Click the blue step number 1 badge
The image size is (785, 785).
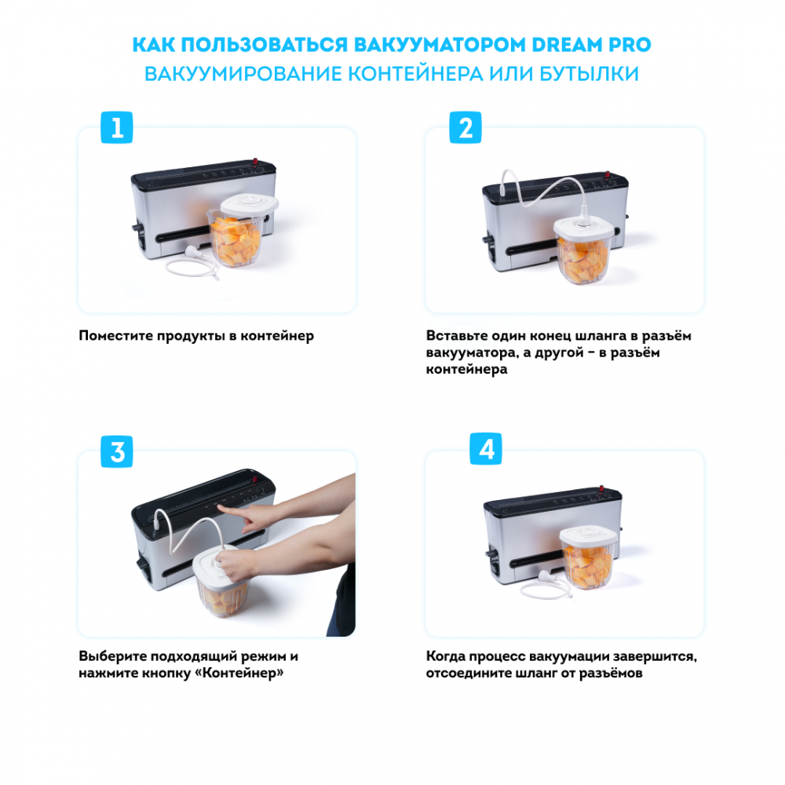point(117,127)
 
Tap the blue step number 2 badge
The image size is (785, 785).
point(465,127)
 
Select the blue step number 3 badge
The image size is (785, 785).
point(117,451)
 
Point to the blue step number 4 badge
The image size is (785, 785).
point(486,448)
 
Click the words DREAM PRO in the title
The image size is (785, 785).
point(591,45)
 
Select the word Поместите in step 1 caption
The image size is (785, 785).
point(115,335)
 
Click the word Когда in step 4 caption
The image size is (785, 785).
point(447,655)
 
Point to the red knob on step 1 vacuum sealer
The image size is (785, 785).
point(255,161)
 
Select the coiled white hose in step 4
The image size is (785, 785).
point(546,584)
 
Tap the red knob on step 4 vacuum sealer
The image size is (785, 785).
point(601,488)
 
